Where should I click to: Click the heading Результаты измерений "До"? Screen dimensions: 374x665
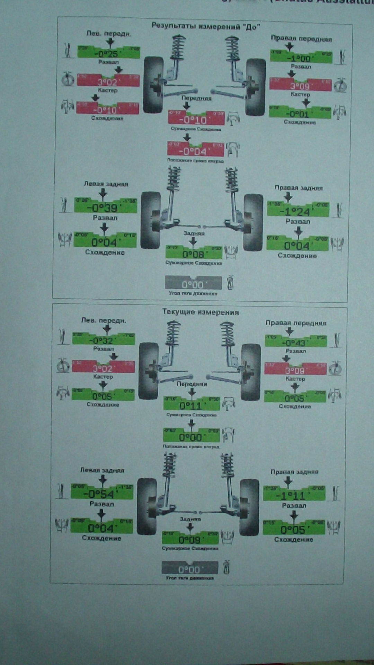(206, 26)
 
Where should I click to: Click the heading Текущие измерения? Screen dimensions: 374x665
(201, 312)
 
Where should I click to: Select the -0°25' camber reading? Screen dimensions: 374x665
(108, 53)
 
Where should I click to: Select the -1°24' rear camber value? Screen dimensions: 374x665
(298, 211)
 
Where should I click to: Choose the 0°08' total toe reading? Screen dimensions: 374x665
(193, 255)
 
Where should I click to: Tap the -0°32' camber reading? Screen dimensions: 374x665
(103, 340)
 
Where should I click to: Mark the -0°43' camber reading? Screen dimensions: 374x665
(295, 343)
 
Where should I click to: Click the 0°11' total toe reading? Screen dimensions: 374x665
(191, 405)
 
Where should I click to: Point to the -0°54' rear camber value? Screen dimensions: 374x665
(101, 494)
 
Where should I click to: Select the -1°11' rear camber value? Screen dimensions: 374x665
(294, 496)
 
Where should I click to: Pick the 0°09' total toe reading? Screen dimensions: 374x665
(190, 540)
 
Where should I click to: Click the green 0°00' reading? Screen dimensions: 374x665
(191, 437)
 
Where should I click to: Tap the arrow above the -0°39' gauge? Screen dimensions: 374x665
(103, 194)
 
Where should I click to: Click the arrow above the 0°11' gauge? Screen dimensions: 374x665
(192, 392)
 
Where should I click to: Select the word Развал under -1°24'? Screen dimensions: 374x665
(298, 222)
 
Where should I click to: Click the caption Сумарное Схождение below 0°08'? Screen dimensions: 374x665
(194, 263)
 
